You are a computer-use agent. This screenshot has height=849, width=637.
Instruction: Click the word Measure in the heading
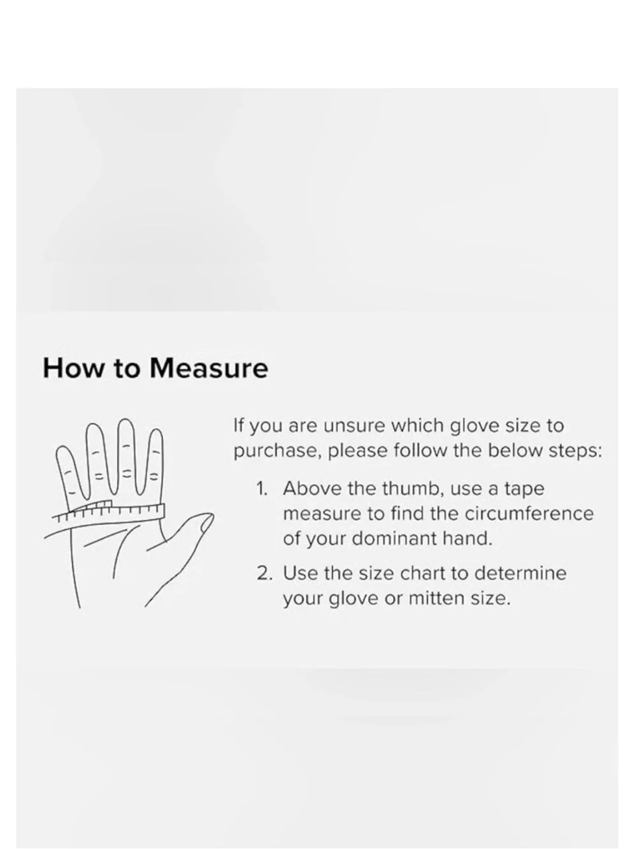click(208, 368)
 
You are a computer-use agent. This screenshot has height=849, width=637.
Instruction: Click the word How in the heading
click(73, 368)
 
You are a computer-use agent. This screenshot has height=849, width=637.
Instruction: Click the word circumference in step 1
click(529, 513)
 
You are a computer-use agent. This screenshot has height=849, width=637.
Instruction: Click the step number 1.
click(262, 489)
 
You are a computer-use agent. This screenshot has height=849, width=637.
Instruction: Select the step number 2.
click(264, 574)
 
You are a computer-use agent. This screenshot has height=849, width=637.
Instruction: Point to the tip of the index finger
click(156, 429)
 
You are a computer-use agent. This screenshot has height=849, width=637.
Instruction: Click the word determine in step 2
click(520, 573)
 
